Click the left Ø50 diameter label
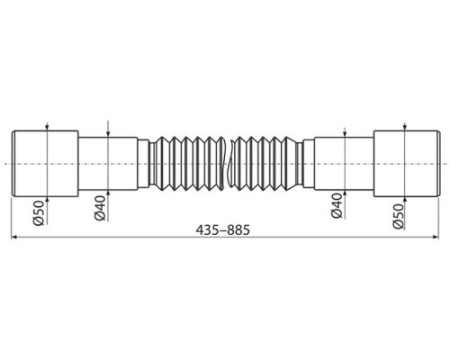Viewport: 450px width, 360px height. pos(39,215)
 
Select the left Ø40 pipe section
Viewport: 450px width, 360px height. pos(106,163)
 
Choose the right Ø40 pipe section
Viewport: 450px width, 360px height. pos(343,163)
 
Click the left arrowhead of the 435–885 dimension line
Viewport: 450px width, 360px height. pos(15,238)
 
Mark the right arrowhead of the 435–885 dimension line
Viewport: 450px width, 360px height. pos(436,238)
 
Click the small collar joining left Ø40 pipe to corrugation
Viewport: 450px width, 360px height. pos(143,163)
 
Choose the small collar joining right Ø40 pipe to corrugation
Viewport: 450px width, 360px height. pos(307,163)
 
